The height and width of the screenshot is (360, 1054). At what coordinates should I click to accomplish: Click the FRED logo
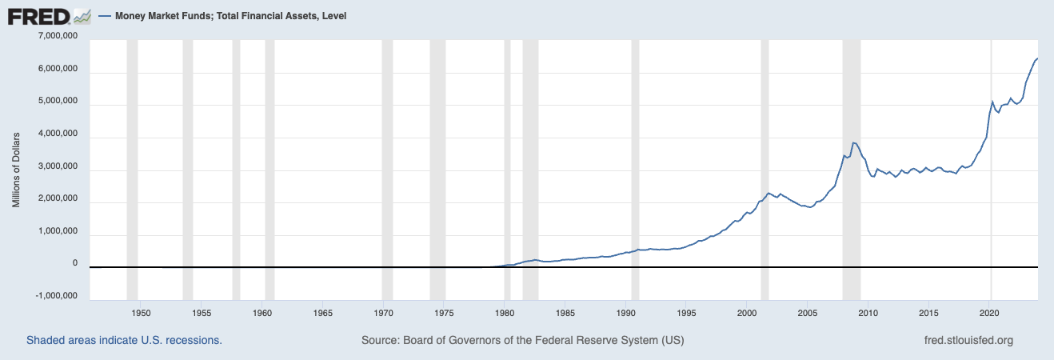pos(38,15)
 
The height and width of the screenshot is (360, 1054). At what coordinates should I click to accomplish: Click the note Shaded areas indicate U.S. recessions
pos(124,341)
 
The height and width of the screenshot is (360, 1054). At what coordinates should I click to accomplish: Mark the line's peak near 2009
pos(854,142)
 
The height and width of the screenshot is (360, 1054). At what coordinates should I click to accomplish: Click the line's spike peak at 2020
pos(992,102)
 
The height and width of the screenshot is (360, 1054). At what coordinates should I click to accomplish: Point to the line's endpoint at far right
pos(1037,58)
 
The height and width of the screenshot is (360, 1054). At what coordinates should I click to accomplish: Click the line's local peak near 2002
pos(768,193)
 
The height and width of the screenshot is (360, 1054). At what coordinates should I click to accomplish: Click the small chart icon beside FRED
pos(82,15)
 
